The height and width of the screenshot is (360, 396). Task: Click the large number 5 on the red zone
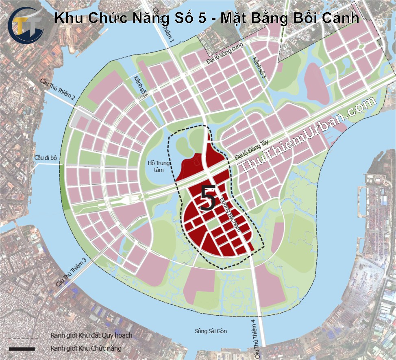[x=208, y=198]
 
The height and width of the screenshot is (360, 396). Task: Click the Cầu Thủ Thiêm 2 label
[x=58, y=91]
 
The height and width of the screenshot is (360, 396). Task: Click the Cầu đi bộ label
[x=46, y=158]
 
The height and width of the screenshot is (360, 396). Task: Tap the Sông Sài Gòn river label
[x=211, y=331]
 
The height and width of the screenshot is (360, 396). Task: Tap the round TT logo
[x=25, y=25]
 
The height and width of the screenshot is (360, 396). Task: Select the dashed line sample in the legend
[x=23, y=337]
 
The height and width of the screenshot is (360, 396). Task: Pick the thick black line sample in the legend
[x=22, y=349]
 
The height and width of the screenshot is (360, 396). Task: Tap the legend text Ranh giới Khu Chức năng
[x=86, y=348]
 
